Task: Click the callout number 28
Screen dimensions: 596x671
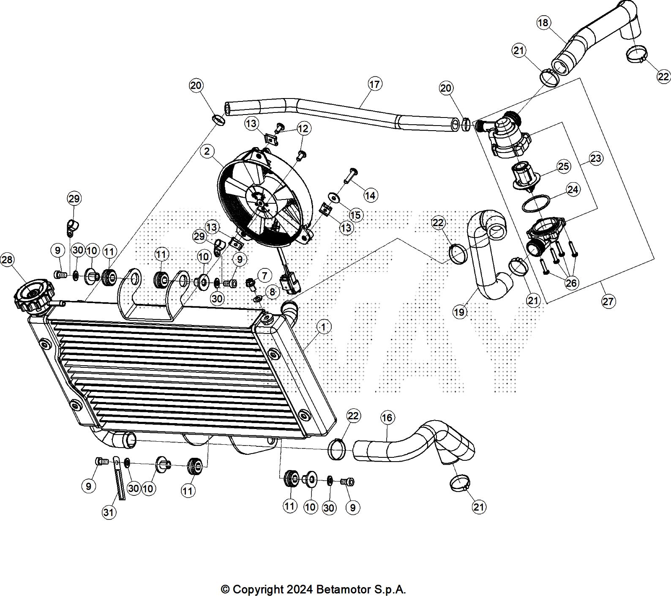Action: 8,260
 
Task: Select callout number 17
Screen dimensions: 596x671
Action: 374,84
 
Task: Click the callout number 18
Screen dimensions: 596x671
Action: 543,22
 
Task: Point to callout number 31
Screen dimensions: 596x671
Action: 109,512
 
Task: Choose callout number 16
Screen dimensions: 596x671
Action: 387,418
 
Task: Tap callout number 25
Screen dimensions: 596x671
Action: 564,166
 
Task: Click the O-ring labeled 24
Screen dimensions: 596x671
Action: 536,204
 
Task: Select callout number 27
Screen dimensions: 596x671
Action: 608,301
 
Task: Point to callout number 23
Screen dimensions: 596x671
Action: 595,158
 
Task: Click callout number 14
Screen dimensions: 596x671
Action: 370,195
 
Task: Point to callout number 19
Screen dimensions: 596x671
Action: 459,312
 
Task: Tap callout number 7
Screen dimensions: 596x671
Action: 265,276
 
